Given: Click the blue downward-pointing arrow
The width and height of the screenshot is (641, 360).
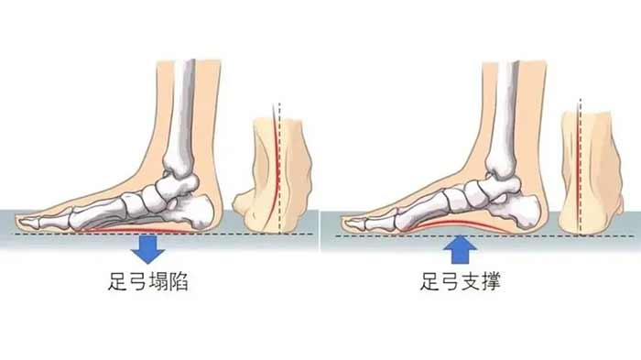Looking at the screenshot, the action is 147,249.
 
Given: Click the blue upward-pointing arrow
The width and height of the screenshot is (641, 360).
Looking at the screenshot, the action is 461,249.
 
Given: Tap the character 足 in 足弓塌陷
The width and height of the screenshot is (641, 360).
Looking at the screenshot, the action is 118,282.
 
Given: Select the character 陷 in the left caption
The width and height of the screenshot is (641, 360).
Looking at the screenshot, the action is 179,282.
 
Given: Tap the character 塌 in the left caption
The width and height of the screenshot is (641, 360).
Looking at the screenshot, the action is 158,282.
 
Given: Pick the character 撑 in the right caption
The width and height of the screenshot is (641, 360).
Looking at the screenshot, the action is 491,282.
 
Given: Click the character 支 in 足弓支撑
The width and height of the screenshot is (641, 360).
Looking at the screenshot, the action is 471,282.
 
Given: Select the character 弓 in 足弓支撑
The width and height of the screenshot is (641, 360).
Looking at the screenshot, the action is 451,282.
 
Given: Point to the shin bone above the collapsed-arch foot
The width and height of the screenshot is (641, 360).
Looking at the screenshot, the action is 182,119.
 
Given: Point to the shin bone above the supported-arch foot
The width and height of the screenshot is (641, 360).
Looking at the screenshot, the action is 505,119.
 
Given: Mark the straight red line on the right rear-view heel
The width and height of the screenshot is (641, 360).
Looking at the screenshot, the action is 577,172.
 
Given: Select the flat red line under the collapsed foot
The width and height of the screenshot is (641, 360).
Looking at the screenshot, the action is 135,231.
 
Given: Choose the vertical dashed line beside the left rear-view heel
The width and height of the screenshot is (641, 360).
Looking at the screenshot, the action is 279,168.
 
